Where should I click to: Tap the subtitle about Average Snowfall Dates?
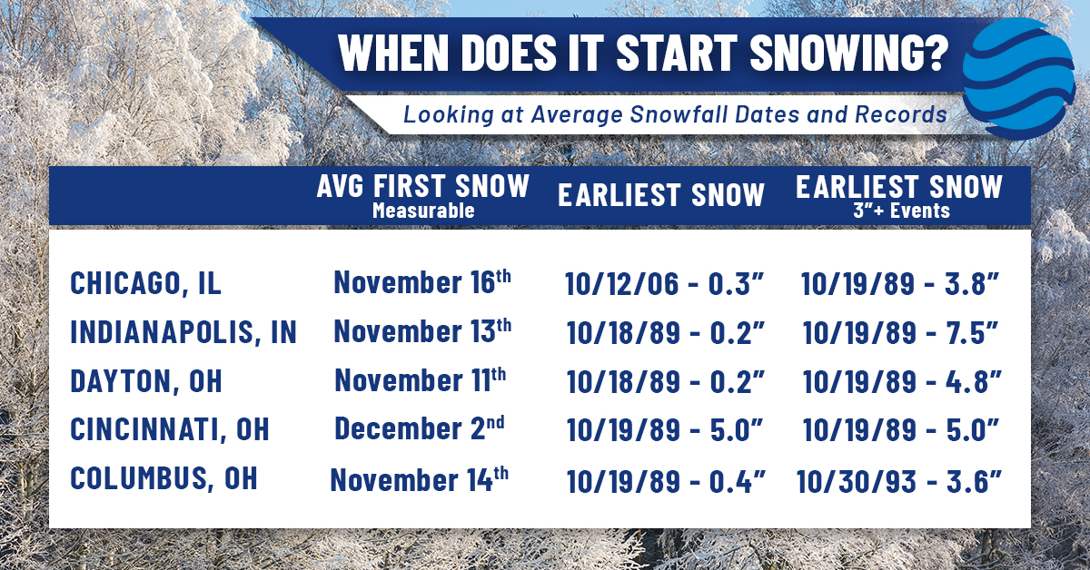pyautogui.click(x=675, y=115)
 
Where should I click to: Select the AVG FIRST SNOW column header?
pyautogui.click(x=422, y=186)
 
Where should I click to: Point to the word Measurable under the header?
pyautogui.click(x=422, y=211)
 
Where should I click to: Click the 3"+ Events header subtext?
pyautogui.click(x=899, y=211)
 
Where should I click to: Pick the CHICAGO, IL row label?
pyautogui.click(x=145, y=283)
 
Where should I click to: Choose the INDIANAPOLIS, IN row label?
pyautogui.click(x=183, y=332)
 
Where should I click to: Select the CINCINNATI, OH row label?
pyautogui.click(x=170, y=428)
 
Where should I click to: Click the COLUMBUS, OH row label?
pyautogui.click(x=163, y=477)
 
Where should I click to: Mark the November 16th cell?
pyautogui.click(x=422, y=282)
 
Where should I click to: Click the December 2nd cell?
pyautogui.click(x=422, y=427)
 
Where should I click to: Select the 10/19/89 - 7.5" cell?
pyautogui.click(x=901, y=333)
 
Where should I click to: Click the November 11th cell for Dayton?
pyautogui.click(x=421, y=379)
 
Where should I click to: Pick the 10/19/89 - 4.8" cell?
pyautogui.click(x=901, y=381)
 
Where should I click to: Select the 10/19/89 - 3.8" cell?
pyautogui.click(x=901, y=284)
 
